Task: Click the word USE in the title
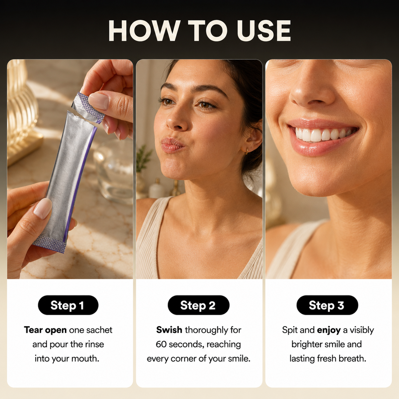tap(264, 31)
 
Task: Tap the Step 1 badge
tap(68, 305)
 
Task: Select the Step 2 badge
tap(199, 305)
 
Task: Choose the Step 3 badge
tap(327, 305)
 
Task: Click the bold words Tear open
tap(45, 330)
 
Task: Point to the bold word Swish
tap(169, 330)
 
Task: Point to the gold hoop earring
tap(246, 151)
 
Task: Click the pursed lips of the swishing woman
tap(172, 145)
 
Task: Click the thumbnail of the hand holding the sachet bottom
tap(43, 208)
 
